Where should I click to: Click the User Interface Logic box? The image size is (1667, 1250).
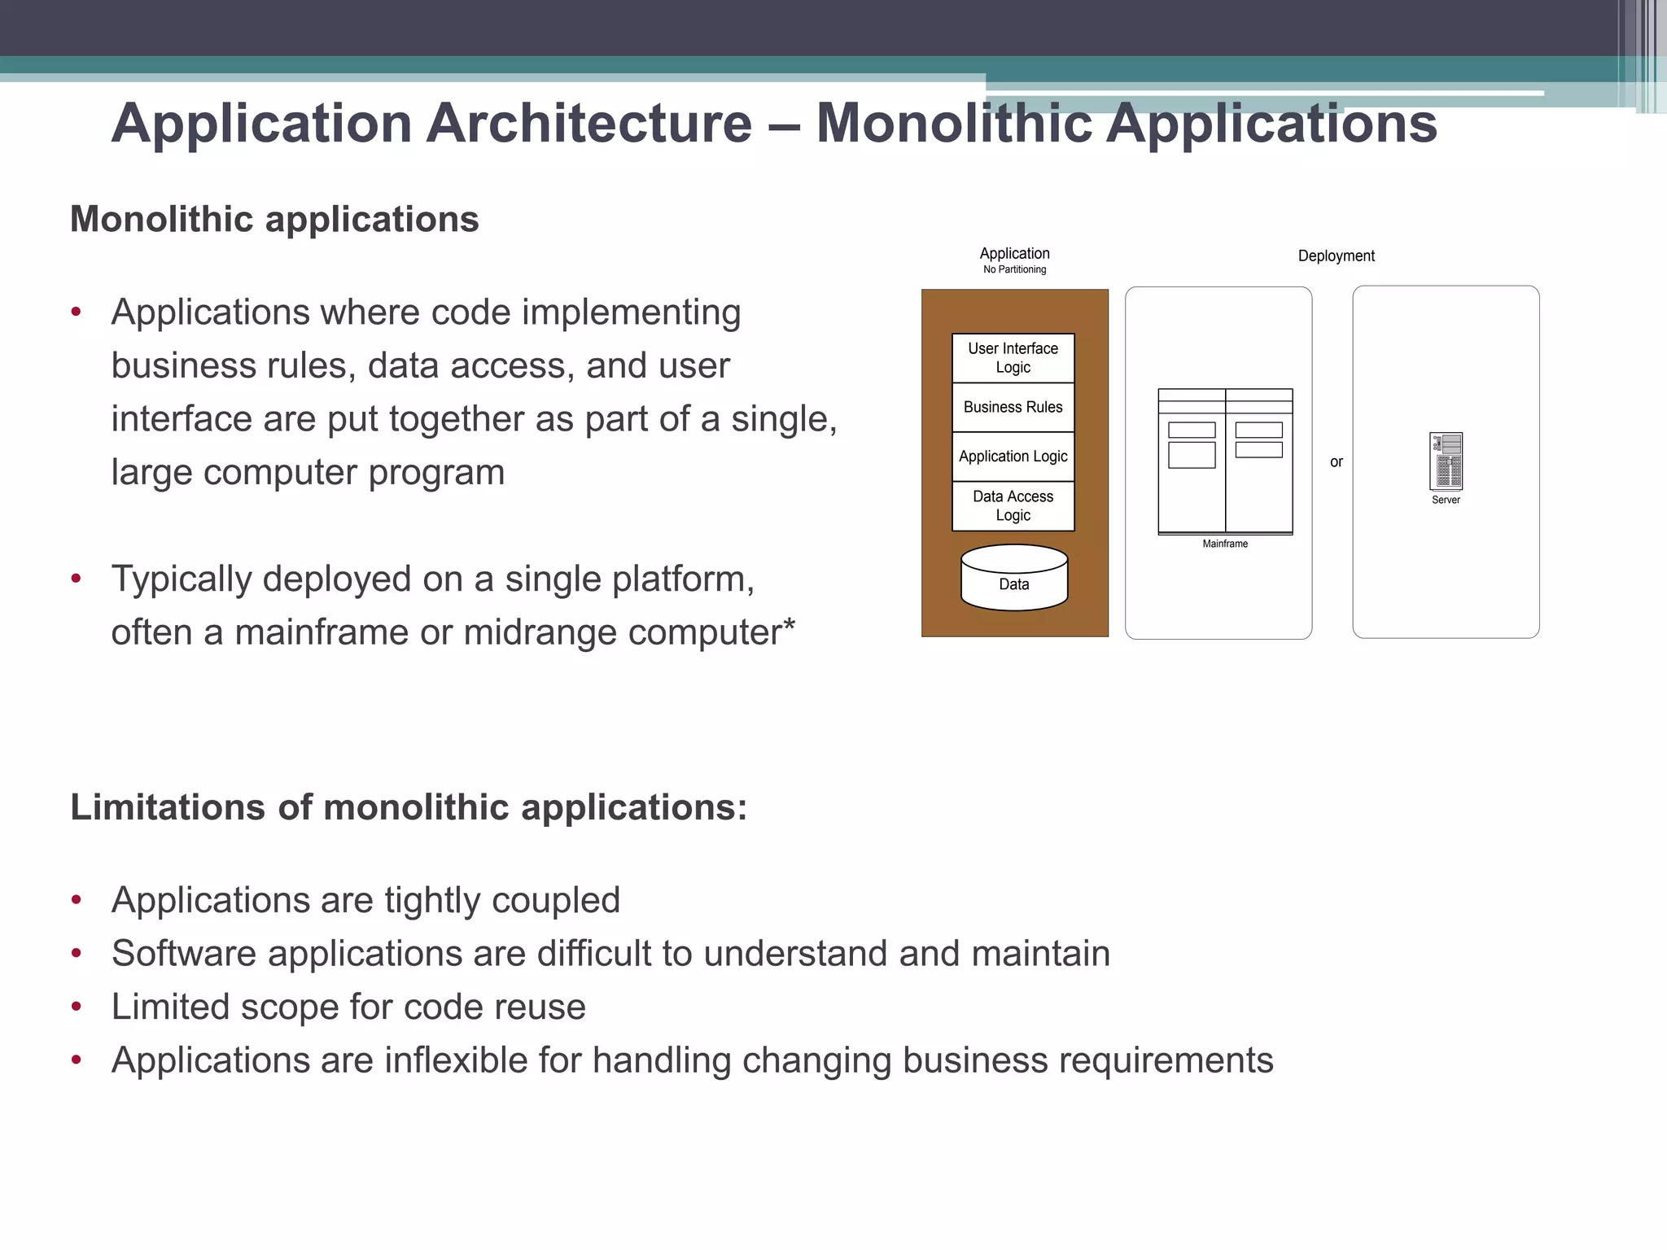tap(1013, 358)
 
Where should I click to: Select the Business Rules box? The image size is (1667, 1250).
tap(1013, 407)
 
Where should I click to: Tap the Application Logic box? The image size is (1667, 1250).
tap(1013, 457)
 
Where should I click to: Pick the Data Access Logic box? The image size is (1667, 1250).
tap(1013, 505)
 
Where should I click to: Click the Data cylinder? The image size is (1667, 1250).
tap(1013, 579)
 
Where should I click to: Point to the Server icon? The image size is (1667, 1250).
tap(1446, 461)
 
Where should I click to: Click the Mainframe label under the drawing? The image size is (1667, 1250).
tap(1224, 544)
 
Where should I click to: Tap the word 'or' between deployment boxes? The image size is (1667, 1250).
tap(1336, 462)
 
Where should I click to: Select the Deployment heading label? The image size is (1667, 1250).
tap(1336, 256)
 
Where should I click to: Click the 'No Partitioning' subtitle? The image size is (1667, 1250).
tap(1014, 269)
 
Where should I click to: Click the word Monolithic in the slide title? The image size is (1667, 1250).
tap(953, 124)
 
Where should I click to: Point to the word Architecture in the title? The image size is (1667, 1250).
tap(589, 124)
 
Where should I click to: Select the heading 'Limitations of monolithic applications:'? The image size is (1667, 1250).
tap(409, 807)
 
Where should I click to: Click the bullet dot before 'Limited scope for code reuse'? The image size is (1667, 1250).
tap(77, 1007)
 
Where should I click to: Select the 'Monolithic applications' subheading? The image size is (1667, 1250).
tap(274, 219)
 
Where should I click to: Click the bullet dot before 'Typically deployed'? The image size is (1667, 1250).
tap(77, 579)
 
